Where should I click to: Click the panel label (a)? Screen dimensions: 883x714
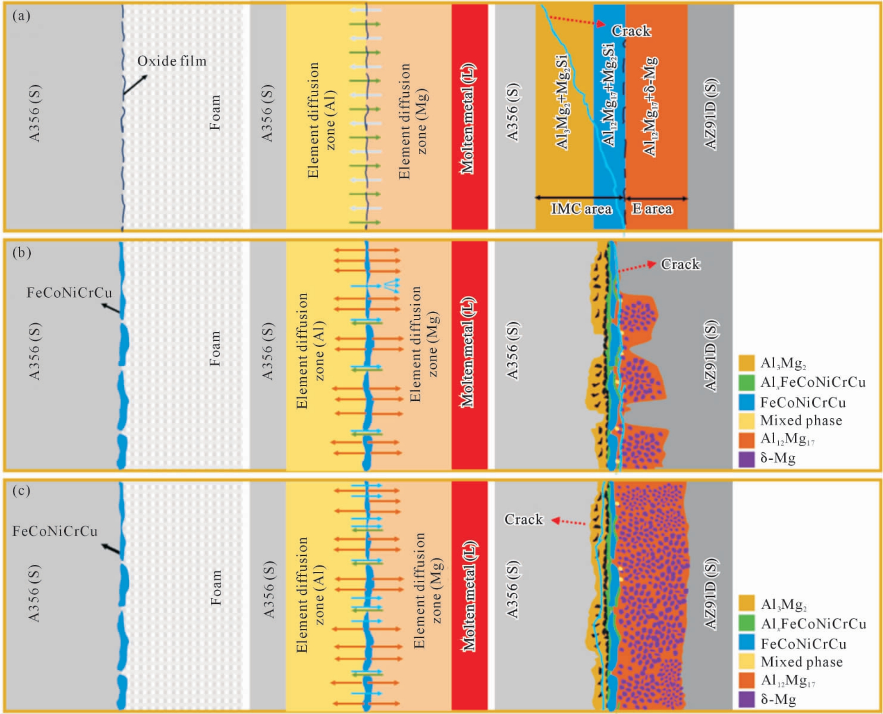tap(21, 16)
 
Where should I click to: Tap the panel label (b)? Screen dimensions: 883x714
tap(22, 253)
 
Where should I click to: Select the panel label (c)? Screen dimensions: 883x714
tap(21, 490)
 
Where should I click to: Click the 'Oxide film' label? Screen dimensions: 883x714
tap(172, 61)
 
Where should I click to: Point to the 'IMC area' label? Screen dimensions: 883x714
tap(581, 208)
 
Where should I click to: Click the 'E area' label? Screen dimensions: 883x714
tap(652, 208)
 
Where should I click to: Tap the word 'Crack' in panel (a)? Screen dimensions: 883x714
tap(631, 31)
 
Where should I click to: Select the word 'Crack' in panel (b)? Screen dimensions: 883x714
tap(680, 264)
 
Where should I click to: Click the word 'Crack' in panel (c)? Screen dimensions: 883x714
tap(524, 519)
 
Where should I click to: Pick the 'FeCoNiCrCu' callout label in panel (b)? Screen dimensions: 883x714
tap(70, 293)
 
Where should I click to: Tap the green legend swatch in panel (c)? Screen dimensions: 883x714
tap(747, 623)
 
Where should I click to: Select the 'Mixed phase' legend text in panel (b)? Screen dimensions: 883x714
tap(801, 420)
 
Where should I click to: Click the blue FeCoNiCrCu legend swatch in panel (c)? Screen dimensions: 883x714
tap(747, 642)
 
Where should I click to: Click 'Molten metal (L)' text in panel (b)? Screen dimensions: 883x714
tap(468, 352)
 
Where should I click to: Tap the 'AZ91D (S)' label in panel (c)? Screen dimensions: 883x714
tap(711, 594)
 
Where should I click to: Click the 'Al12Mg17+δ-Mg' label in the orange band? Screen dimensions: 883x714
tap(650, 106)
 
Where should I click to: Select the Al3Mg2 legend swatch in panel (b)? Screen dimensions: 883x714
tap(747, 363)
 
